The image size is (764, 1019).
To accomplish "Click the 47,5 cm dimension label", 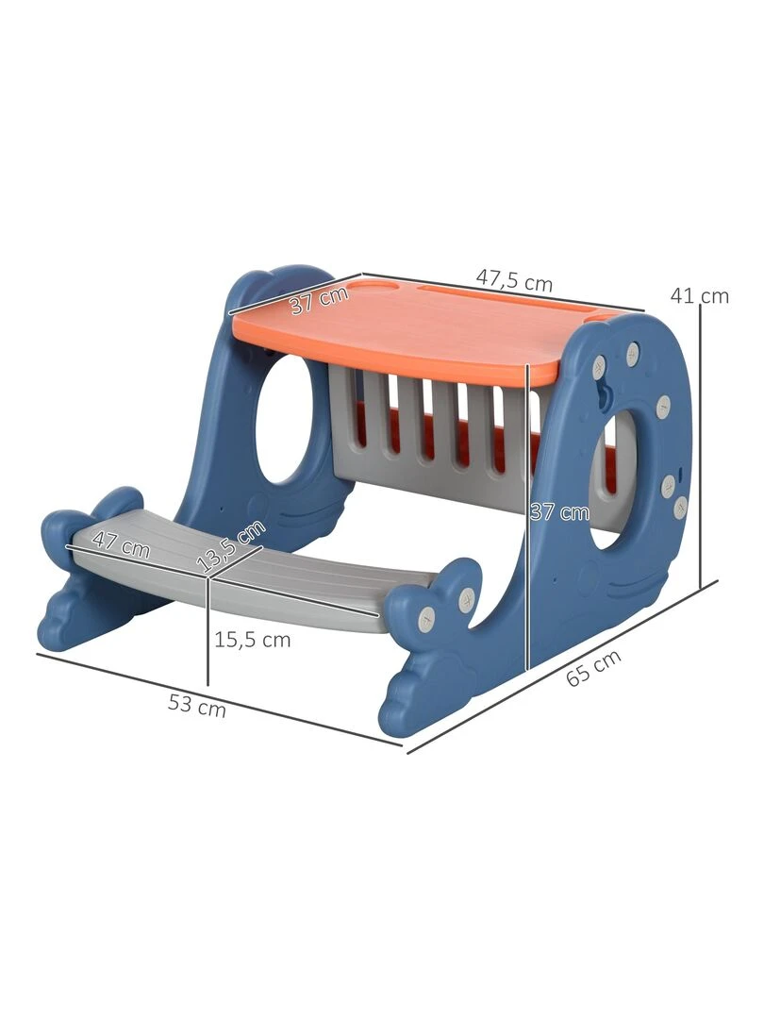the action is coord(514,280).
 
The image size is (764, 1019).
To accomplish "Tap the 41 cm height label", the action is coord(699,295).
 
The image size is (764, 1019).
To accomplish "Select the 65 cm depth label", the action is coord(593,667).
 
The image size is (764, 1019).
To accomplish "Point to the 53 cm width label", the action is coord(197,705).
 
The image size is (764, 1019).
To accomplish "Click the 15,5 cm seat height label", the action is coord(253,640).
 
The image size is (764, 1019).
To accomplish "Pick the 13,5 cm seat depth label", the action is coord(233,546).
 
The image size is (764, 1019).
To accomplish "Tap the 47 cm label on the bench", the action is coord(121,544).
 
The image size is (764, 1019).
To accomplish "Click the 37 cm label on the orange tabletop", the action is coord(319,300).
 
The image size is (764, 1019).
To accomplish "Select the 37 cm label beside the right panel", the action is coord(559,512).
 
